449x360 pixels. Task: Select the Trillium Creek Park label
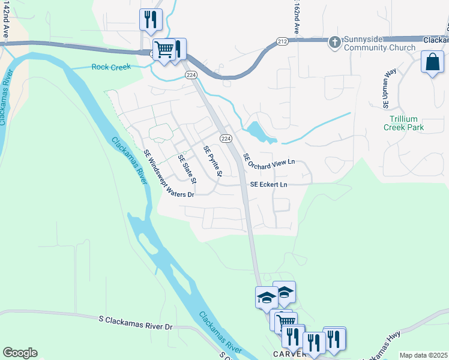(406, 123)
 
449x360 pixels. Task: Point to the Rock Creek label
(111, 67)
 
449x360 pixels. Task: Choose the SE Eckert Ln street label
(268, 184)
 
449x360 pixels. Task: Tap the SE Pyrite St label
(213, 161)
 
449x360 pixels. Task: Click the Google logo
(20, 353)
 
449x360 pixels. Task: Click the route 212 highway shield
(283, 41)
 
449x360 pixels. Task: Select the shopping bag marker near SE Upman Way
(432, 62)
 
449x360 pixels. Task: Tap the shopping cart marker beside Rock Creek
(163, 50)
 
